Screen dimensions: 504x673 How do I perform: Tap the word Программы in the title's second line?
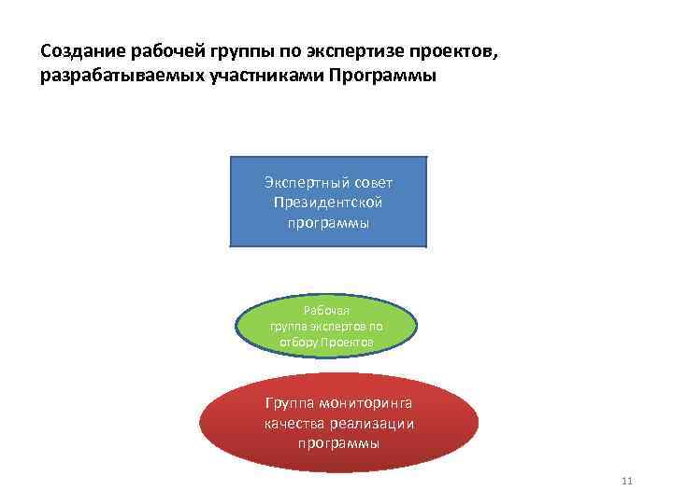coord(382,76)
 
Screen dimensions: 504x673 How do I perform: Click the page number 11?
coord(627,481)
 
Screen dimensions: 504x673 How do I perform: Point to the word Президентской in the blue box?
coord(328,203)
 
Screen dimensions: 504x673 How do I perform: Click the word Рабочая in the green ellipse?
coord(326,312)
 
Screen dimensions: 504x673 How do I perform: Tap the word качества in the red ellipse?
coord(293,424)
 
